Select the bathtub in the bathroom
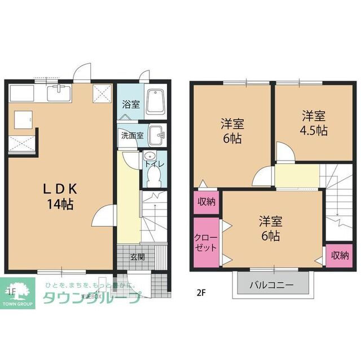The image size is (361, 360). (153, 103)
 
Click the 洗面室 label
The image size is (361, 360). (132, 135)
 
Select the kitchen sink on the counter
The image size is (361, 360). (59, 92)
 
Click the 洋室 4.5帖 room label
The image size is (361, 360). (314, 123)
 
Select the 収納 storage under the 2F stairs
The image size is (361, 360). (339, 255)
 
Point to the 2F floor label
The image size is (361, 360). (201, 292)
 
